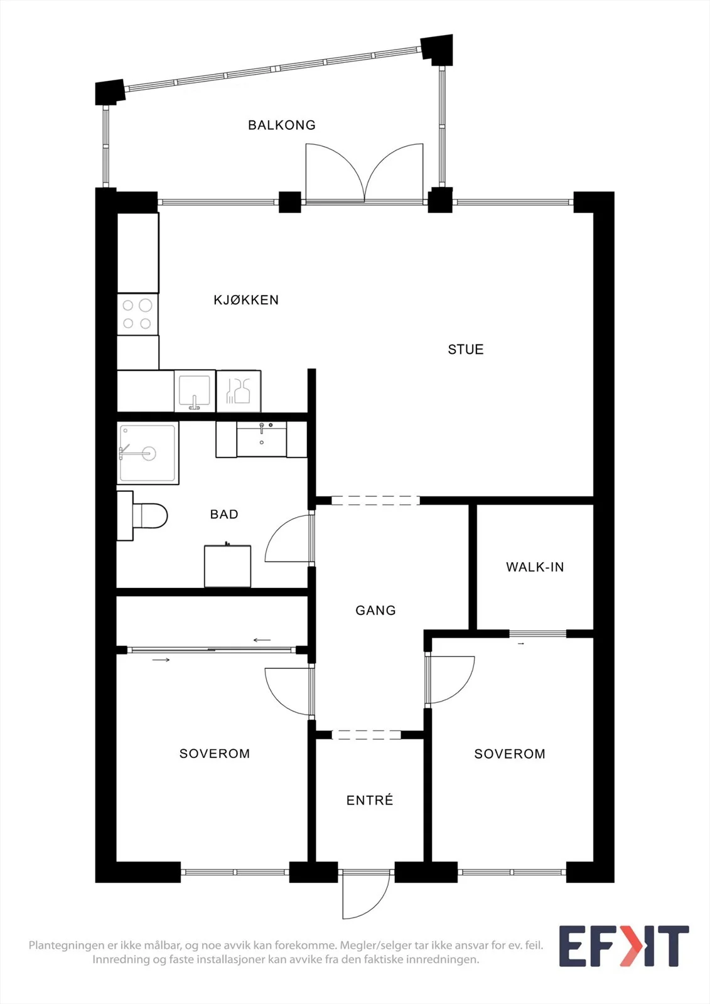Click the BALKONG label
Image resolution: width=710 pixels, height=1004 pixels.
[x=282, y=125]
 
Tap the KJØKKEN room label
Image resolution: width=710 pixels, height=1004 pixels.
[x=246, y=300]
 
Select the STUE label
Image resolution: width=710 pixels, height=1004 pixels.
[x=466, y=350]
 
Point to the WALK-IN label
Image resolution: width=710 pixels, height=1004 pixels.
[x=535, y=567]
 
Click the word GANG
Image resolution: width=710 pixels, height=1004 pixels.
[x=375, y=611]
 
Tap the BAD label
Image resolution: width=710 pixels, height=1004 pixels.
[x=224, y=514]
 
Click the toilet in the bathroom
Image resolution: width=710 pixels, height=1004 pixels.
[x=142, y=515]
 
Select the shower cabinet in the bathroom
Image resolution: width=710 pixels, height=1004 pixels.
[x=148, y=452]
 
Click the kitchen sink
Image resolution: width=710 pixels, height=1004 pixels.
[x=194, y=391]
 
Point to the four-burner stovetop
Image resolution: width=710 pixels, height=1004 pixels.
[x=137, y=314]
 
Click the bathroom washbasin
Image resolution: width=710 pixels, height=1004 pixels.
[x=262, y=440]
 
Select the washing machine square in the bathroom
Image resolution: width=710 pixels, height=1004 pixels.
[x=227, y=565]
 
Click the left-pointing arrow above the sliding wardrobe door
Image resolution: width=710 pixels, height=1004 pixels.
[x=262, y=640]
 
